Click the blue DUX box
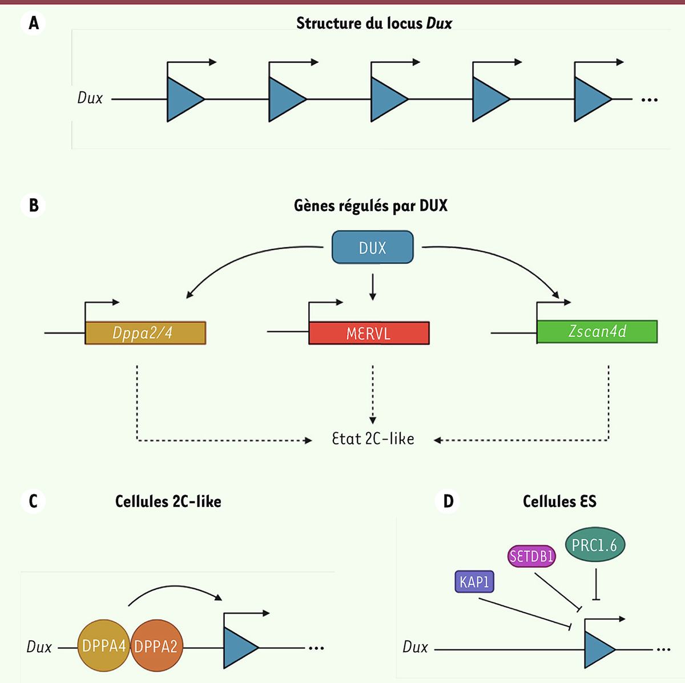coord(372,247)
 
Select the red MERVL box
coord(369,333)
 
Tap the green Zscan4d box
coord(597,331)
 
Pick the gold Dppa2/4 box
coord(145,333)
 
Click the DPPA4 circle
coord(103,646)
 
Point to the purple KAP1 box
coord(474,582)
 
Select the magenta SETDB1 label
coord(531,556)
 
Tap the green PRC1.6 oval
coord(595,545)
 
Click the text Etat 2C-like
coord(373,439)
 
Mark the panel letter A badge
coord(34,23)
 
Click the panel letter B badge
coord(34,205)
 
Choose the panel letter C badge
coord(33,501)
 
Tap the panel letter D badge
coord(448,501)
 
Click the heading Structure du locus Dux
coord(374,23)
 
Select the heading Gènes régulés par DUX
coord(370,206)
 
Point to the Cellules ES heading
coord(559,501)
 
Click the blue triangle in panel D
coord(598,649)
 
